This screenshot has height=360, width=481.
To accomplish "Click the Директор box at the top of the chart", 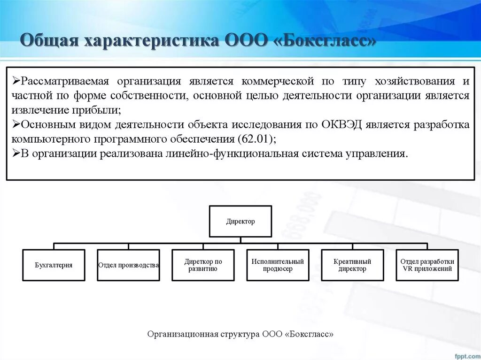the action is [240, 221].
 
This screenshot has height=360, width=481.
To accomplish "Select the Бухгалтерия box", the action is [54, 265].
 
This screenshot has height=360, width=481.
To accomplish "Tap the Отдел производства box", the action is [128, 265].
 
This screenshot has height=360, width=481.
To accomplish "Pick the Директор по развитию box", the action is [203, 265].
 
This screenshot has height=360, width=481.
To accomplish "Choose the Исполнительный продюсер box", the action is [278, 265].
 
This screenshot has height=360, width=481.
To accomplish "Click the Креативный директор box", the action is [352, 265].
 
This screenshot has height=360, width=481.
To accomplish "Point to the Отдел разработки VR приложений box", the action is [427, 265].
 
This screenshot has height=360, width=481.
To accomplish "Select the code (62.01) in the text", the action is [257, 139].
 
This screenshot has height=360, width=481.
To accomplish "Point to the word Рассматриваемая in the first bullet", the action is [65, 81].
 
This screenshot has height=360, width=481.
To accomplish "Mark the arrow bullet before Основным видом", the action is [16, 125].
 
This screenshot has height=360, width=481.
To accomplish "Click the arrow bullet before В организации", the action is [16, 154].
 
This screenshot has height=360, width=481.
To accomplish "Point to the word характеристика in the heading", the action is [149, 40].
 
